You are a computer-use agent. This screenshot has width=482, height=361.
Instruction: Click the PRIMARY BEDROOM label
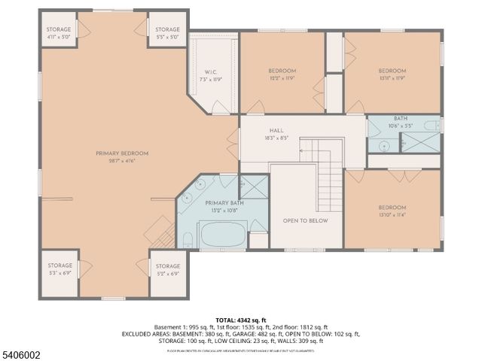click(x=122, y=153)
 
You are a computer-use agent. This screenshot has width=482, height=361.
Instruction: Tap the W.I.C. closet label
click(x=211, y=74)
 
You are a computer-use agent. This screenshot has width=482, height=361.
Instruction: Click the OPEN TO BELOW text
click(x=305, y=221)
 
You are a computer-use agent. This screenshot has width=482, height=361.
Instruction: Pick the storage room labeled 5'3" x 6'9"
click(x=59, y=268)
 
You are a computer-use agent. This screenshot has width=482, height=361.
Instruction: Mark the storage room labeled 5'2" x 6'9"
click(x=168, y=268)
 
